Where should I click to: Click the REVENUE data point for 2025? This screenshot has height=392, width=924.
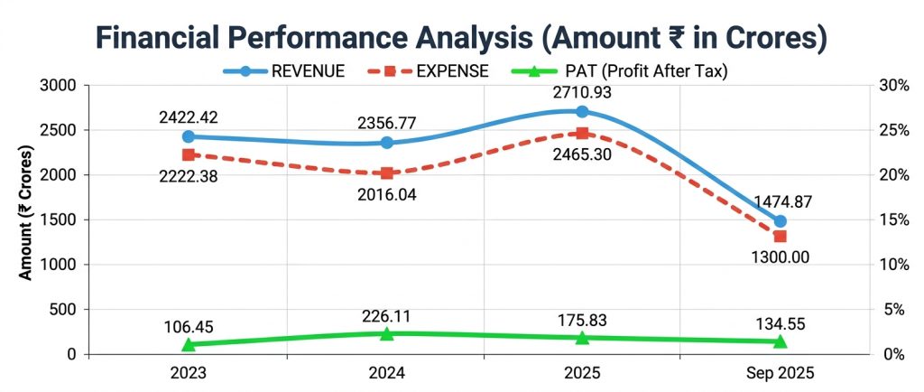coord(582,112)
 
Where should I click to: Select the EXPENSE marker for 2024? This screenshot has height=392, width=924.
coord(387,173)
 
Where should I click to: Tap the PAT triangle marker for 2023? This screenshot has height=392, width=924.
coord(188,344)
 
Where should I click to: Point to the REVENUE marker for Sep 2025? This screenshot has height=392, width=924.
coord(781,221)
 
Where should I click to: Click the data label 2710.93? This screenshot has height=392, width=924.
coord(582,92)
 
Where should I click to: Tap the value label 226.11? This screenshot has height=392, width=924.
coord(387,313)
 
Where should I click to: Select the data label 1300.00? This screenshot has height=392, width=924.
coord(780,257)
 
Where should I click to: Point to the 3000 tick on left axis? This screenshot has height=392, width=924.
coord(61,86)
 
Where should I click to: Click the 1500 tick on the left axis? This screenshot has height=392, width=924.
coord(61,219)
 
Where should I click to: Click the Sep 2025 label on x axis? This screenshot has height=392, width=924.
coord(780,373)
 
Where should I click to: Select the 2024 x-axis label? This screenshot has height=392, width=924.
coord(387,373)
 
